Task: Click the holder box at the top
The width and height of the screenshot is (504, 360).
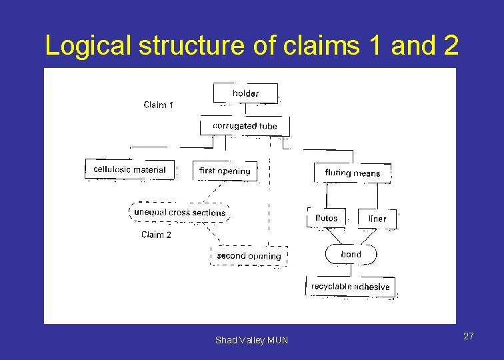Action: point(245,93)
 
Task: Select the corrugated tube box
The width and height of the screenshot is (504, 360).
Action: point(245,125)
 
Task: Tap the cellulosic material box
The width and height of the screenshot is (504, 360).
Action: point(130,169)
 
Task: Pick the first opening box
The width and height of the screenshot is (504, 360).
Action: point(225,171)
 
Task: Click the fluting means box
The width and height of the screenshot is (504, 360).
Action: point(352,173)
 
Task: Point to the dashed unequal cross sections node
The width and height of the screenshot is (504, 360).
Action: point(179,212)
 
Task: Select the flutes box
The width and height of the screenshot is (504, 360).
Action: point(327,218)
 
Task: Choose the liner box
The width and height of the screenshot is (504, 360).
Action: point(377,219)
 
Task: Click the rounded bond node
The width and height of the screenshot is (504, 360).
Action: point(351,254)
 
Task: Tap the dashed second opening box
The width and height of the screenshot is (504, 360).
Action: point(249,255)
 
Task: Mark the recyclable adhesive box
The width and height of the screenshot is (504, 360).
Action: point(350,287)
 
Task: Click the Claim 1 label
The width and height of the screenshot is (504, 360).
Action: point(159,105)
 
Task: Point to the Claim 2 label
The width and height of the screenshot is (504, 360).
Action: point(156,235)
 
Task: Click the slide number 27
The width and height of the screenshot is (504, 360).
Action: point(469,336)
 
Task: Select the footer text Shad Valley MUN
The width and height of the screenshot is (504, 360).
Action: point(251,340)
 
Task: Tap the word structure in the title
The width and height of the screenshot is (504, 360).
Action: point(180,45)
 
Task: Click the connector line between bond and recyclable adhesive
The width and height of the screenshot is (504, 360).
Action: point(351,270)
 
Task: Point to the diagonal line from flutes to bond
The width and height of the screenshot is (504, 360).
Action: point(335,236)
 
